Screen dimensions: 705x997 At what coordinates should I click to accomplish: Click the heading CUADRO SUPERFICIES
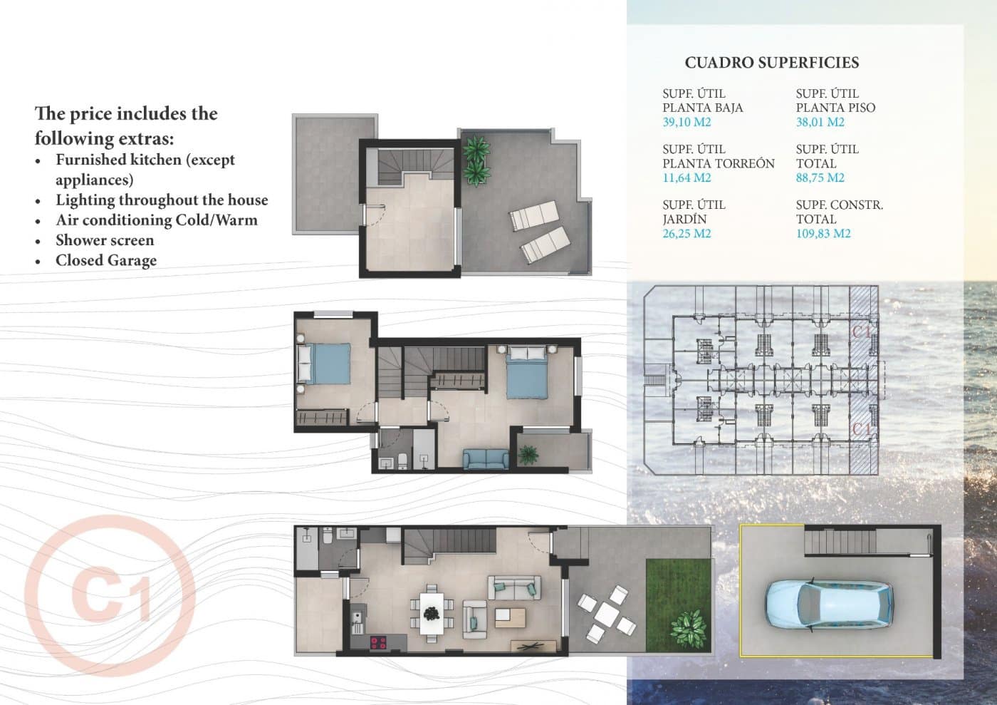point(771,63)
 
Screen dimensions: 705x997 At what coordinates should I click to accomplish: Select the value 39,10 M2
point(687,122)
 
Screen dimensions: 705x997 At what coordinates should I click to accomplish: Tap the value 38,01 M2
point(820,122)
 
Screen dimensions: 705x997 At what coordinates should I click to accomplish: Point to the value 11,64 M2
point(687,177)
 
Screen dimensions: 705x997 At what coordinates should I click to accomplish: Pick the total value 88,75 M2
point(820,177)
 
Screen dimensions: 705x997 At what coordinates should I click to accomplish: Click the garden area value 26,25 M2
point(687,233)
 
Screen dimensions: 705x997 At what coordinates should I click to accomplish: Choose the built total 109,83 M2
point(823,233)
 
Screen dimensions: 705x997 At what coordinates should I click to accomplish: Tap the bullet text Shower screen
point(105,240)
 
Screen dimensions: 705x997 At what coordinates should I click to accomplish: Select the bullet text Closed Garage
point(106,260)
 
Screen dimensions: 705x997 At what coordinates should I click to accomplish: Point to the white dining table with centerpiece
point(430,613)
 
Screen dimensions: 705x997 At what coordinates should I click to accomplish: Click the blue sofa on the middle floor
point(485,459)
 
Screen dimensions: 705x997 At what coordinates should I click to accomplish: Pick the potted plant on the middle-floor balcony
point(528,453)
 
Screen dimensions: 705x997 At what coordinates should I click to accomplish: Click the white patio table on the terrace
point(607,612)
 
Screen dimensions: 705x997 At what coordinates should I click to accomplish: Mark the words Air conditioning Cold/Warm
point(157,220)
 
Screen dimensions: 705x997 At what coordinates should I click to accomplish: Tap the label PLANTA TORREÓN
point(718,163)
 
